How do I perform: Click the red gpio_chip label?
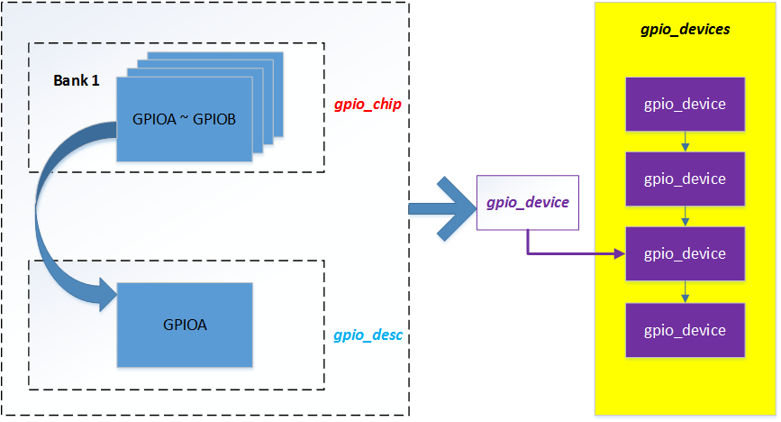click(x=367, y=105)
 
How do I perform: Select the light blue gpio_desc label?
click(x=367, y=335)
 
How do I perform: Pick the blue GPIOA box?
click(x=185, y=325)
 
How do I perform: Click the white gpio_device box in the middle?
click(x=527, y=203)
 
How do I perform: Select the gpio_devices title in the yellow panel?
click(x=685, y=30)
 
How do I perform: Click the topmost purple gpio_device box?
click(x=685, y=103)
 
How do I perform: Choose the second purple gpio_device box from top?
click(x=685, y=179)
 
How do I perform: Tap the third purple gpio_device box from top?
click(x=685, y=253)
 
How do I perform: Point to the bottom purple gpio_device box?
click(x=685, y=330)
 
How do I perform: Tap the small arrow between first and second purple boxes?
click(x=686, y=141)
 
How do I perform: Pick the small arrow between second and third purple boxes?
click(x=686, y=216)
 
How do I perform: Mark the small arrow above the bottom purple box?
click(x=686, y=291)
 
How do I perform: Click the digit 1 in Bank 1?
click(x=95, y=81)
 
